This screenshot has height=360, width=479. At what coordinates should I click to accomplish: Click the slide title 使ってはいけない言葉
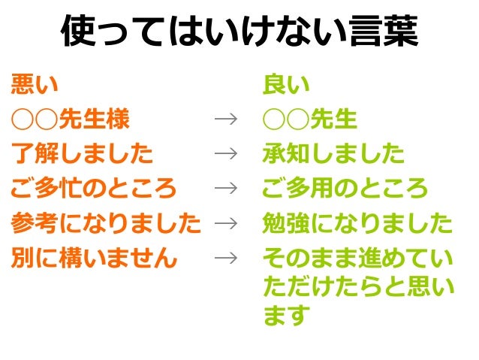tap(239, 32)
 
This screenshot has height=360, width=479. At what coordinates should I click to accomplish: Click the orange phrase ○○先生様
tap(71, 119)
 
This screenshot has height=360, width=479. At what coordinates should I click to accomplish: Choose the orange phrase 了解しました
tap(82, 154)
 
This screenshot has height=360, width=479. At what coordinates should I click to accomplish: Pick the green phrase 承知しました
tap(333, 154)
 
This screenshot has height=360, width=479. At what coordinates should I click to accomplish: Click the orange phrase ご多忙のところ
tap(94, 189)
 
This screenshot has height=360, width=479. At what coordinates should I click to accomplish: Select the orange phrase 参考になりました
tap(106, 223)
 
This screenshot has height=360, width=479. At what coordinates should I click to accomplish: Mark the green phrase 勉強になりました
tap(357, 223)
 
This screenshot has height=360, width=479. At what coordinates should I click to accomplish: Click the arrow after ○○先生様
tap(224, 119)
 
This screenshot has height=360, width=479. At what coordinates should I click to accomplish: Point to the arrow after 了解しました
tap(224, 154)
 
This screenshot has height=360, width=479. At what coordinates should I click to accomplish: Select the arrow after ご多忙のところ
tap(224, 189)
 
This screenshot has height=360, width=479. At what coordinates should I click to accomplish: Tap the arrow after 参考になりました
tap(224, 223)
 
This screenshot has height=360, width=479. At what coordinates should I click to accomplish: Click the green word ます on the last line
tap(286, 315)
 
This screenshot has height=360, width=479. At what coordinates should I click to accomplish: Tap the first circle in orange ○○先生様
tap(23, 119)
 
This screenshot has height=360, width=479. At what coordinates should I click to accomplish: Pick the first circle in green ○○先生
tap(274, 119)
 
